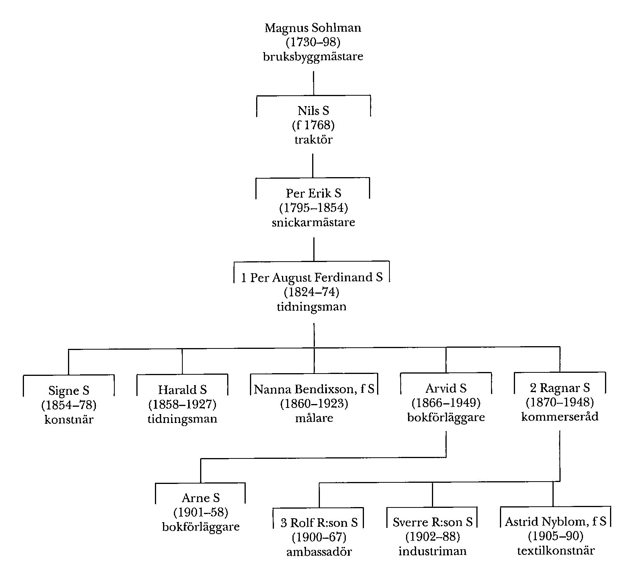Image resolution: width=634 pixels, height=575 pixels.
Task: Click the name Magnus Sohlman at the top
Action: (313, 28)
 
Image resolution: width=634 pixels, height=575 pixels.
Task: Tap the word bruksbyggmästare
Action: (313, 57)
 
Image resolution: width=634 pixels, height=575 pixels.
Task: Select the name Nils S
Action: (313, 111)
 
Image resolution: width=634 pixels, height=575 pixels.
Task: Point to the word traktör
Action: (313, 139)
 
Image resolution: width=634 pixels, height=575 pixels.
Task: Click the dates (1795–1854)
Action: (313, 208)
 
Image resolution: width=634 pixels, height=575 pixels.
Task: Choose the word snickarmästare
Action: (313, 223)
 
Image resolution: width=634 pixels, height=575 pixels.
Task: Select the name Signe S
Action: (69, 391)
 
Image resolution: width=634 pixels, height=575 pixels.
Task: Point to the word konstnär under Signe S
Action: (69, 419)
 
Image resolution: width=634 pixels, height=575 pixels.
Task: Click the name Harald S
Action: (182, 390)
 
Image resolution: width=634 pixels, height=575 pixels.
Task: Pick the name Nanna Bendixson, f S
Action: (314, 389)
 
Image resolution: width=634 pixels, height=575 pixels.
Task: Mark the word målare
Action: (314, 418)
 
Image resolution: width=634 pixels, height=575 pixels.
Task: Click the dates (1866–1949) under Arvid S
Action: (446, 403)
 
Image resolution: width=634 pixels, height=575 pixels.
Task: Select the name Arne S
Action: (201, 498)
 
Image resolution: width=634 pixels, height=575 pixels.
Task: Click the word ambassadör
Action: (319, 552)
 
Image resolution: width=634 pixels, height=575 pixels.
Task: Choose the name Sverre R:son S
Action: (433, 523)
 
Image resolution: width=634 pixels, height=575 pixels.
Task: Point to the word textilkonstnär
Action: (556, 551)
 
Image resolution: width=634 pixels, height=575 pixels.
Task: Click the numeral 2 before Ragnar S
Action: (533, 388)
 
